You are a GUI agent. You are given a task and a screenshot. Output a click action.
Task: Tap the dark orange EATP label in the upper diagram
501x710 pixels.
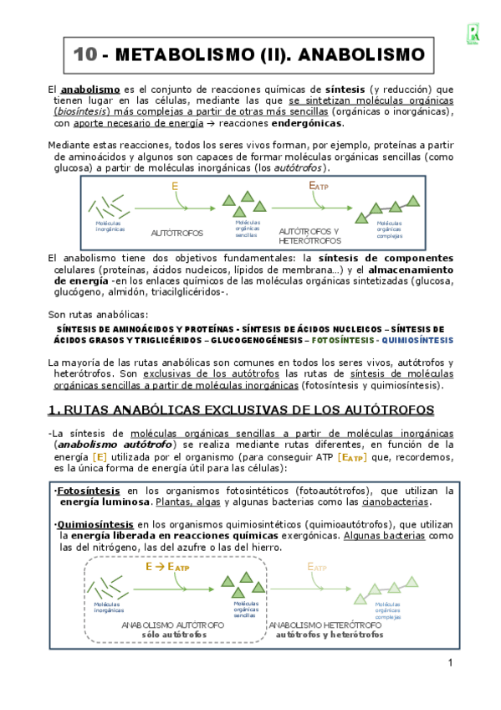pos(319,185)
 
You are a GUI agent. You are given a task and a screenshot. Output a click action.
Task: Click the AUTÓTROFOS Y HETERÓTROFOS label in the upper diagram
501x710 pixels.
pos(309,234)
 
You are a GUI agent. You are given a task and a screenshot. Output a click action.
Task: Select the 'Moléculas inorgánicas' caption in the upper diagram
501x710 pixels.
pos(110,226)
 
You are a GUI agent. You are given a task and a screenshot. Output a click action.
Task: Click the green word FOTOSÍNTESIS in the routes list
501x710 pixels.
pos(343,341)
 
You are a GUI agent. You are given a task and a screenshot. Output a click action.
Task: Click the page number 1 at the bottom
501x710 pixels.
pos(450,664)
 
